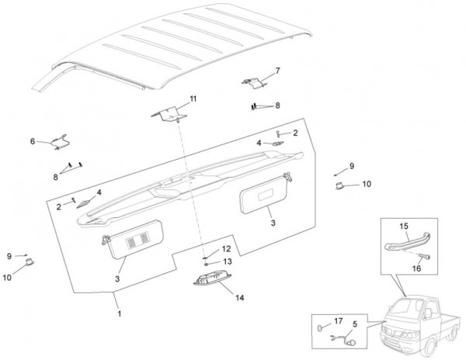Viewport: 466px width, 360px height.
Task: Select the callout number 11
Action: click(193, 99)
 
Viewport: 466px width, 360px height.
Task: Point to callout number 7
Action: click(278, 71)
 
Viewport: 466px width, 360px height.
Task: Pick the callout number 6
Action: click(33, 141)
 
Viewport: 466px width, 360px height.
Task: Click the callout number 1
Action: click(119, 313)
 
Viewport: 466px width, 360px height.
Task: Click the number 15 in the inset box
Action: click(403, 227)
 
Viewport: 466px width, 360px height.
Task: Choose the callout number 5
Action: click(355, 324)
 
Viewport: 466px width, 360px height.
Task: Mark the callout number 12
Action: click(226, 249)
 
